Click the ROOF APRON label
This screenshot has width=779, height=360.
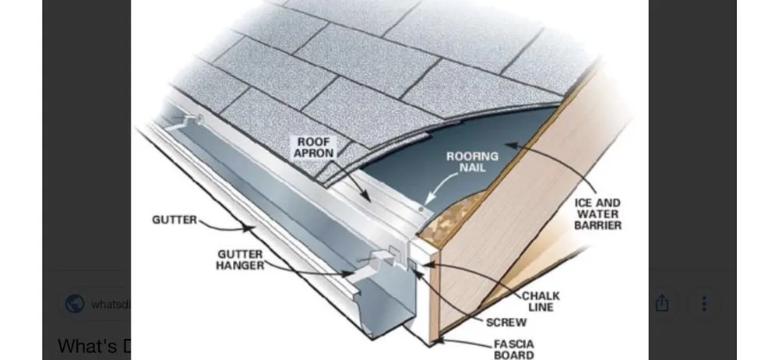click(x=314, y=147)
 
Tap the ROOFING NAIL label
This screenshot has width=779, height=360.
click(x=472, y=162)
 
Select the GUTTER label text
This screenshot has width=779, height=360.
click(x=174, y=221)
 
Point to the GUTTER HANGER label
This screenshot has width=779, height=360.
click(x=240, y=260)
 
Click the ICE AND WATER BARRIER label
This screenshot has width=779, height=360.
click(x=597, y=214)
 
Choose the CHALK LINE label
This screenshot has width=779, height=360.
click(x=540, y=302)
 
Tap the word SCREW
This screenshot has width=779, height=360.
click(x=506, y=322)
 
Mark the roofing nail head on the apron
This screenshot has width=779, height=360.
click(x=421, y=209)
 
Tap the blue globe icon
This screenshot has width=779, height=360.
click(x=75, y=304)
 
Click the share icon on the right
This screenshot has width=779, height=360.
click(x=661, y=303)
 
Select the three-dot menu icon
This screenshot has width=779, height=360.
click(x=704, y=303)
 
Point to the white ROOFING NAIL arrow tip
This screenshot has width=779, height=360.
click(x=425, y=205)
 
